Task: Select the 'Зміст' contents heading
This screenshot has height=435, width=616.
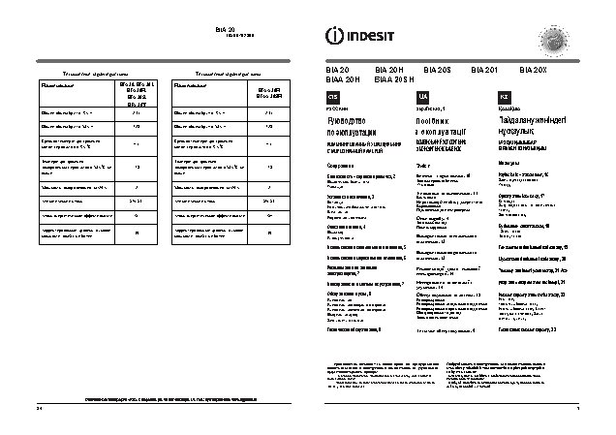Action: [x=419, y=166]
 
